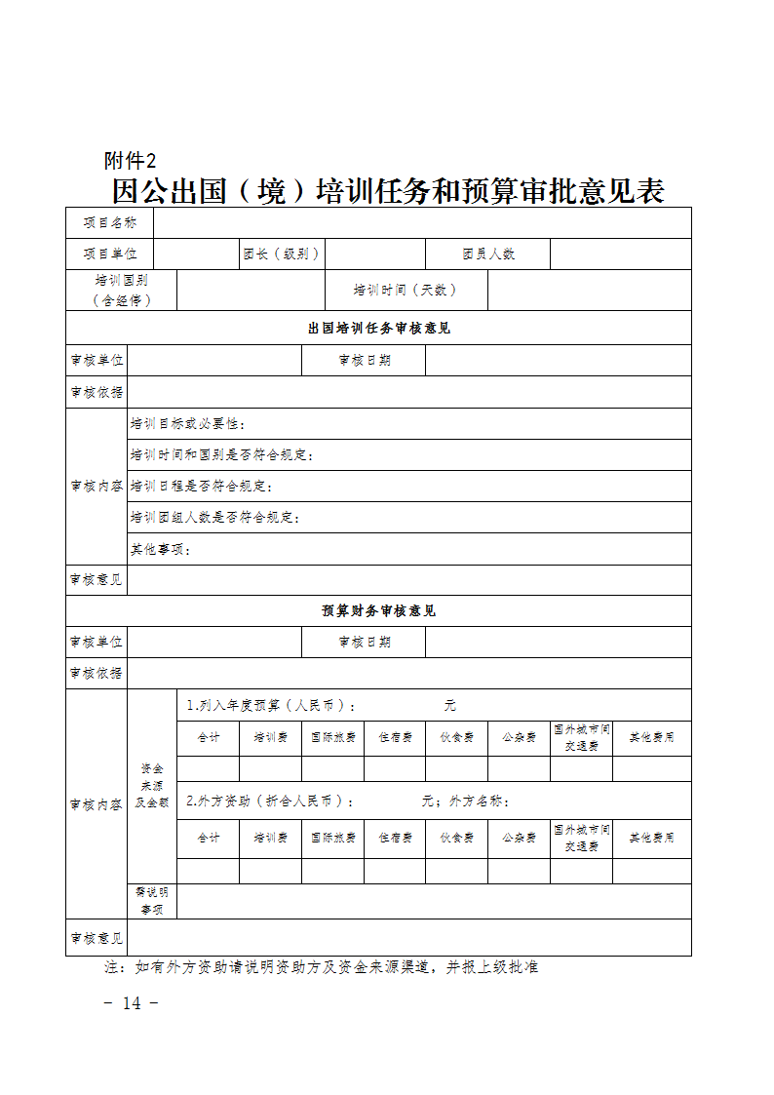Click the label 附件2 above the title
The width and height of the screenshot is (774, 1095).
[130, 161]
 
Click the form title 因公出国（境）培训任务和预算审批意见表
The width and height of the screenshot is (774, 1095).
[388, 191]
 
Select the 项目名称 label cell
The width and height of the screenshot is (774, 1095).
[110, 223]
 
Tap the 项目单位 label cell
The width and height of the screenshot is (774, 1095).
[110, 254]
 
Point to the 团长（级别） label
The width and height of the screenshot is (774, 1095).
[282, 254]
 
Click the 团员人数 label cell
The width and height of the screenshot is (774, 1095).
[488, 254]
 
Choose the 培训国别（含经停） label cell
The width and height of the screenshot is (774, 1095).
[122, 291]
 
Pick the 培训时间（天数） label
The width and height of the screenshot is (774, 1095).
[406, 290]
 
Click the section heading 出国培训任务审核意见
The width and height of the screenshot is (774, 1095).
[378, 328]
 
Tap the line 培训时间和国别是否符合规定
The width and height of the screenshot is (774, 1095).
[222, 455]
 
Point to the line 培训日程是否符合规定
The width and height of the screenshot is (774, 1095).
[202, 486]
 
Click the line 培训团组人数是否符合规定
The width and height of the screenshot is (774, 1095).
[215, 517]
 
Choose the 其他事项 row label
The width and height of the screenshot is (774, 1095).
[161, 549]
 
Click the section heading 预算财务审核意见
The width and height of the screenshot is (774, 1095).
[378, 610]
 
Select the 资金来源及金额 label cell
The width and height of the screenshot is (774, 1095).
[152, 785]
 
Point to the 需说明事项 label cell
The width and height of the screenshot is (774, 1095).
[152, 900]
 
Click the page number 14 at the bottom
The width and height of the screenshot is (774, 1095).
[132, 1003]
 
